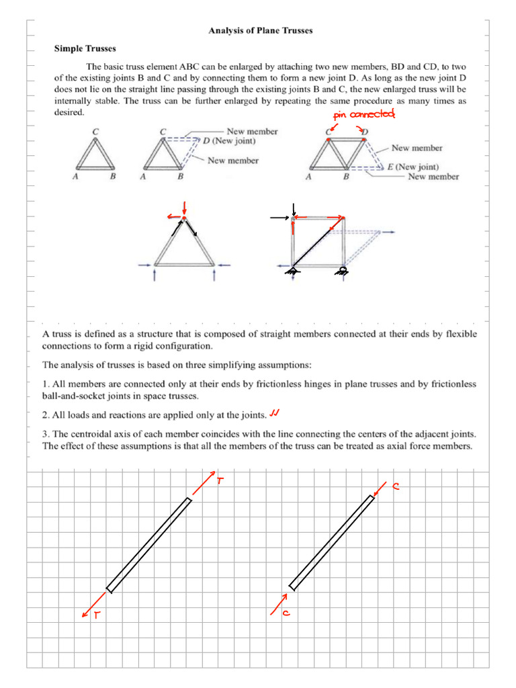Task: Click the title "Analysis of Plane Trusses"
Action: [x=260, y=31]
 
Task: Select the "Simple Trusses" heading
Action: [x=85, y=48]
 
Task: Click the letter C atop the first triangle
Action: [x=95, y=132]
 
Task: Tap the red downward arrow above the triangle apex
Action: [x=185, y=206]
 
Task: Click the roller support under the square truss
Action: [x=343, y=271]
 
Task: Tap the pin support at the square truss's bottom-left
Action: [x=292, y=271]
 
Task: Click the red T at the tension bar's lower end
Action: [x=96, y=616]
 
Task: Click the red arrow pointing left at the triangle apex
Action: [x=173, y=216]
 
